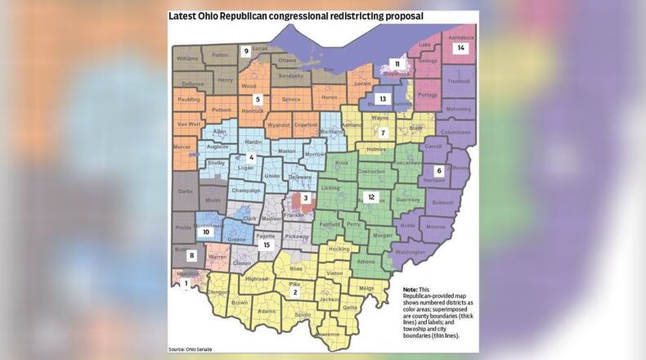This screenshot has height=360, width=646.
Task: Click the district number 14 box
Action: [461, 48]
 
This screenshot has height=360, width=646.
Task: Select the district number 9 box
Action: [245, 51]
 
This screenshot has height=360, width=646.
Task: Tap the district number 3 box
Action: [305, 198]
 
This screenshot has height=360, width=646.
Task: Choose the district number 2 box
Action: [295, 290]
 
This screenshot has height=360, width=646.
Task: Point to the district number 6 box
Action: [439, 170]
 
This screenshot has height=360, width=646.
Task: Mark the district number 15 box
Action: [265, 245]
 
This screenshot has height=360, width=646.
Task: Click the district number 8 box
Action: [192, 255]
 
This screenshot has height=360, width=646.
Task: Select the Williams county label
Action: [187, 59]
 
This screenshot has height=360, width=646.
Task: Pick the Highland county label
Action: [258, 279]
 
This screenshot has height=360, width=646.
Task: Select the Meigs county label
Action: [366, 288]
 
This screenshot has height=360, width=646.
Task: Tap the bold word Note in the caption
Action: [412, 290]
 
